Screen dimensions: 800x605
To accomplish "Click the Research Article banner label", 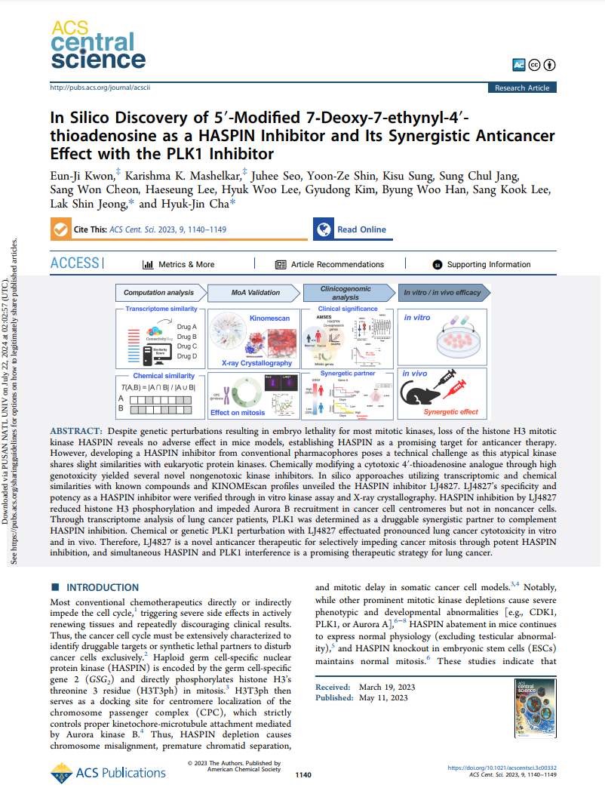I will tap(522, 88).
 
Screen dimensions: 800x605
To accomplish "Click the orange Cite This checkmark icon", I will tap(60, 229).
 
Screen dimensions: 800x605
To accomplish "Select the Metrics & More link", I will tap(179, 265).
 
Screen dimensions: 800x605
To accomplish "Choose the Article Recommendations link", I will tap(330, 265).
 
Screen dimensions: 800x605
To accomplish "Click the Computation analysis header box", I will tap(158, 293).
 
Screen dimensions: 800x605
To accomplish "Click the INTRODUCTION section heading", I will tap(103, 587).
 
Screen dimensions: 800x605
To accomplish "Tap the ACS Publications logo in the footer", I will tap(109, 772).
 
